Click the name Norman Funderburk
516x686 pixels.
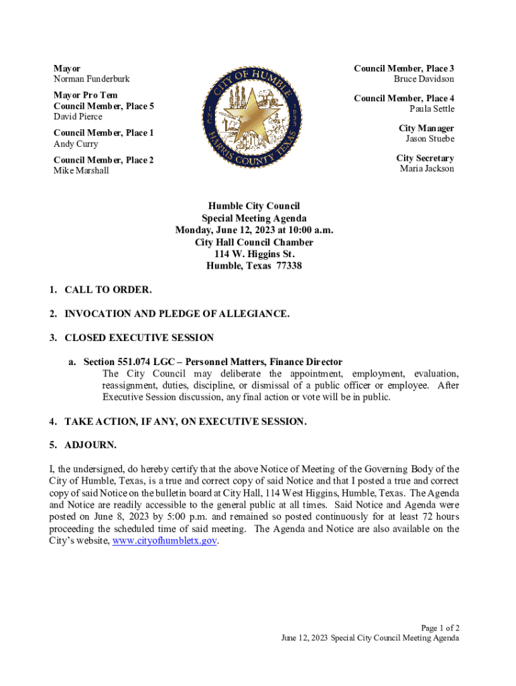tap(92, 79)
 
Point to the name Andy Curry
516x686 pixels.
tap(76, 144)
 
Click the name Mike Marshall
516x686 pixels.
tap(81, 171)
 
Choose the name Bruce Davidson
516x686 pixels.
tap(424, 79)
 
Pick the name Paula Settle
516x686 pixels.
tap(432, 109)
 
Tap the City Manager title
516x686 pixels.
tap(426, 128)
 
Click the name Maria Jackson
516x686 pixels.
tap(427, 169)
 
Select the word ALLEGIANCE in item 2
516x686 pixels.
tap(253, 314)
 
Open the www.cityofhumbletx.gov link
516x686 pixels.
tap(165, 541)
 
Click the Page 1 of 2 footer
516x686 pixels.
tap(440, 628)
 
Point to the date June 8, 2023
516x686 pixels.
tap(123, 517)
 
